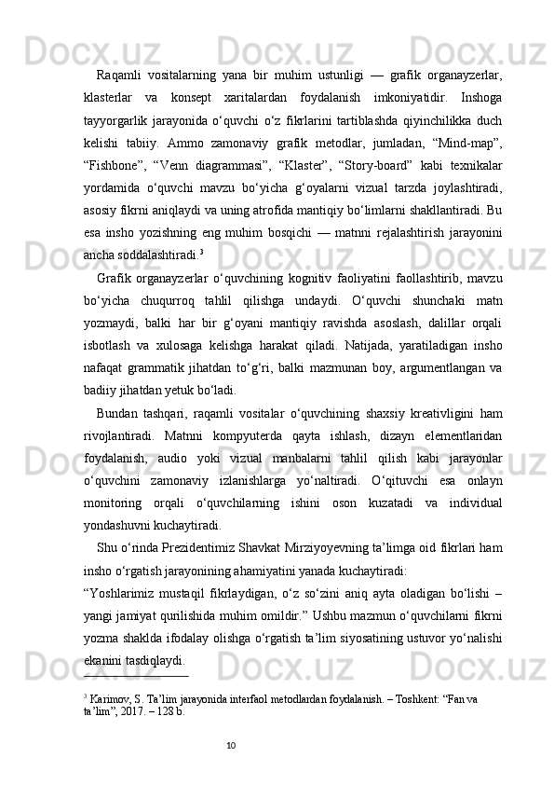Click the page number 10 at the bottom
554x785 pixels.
pos(231,770)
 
